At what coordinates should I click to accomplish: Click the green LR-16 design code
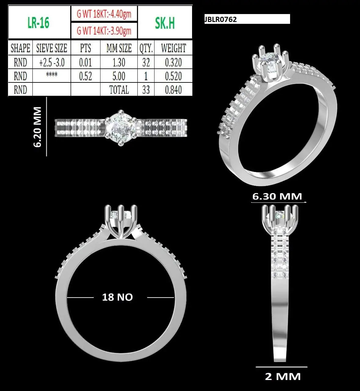tap(38, 22)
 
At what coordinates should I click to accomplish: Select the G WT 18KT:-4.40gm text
tap(104, 14)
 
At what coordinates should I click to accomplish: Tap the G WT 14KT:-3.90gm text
tap(104, 31)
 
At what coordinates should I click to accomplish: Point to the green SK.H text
tap(165, 23)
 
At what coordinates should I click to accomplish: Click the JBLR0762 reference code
tap(221, 19)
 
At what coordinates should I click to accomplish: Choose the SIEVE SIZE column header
tap(52, 48)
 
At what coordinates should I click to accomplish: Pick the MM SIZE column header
tap(119, 48)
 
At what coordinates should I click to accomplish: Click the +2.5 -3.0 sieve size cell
tap(52, 62)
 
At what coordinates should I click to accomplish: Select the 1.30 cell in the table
tap(119, 62)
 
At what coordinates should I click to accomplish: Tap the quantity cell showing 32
tap(146, 62)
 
